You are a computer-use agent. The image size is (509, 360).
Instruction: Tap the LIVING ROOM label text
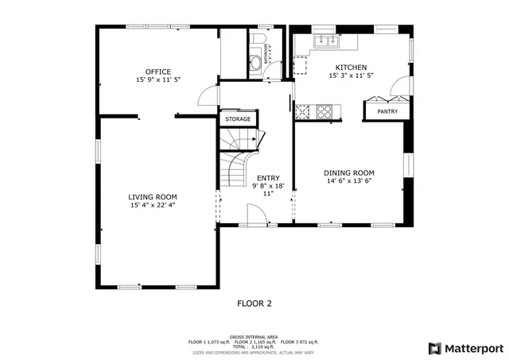click(153, 196)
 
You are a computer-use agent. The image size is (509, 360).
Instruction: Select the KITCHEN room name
click(351, 68)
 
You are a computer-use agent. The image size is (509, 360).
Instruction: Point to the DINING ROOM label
click(348, 172)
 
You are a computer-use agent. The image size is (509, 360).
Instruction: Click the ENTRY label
click(268, 178)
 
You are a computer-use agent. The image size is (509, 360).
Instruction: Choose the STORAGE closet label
click(237, 119)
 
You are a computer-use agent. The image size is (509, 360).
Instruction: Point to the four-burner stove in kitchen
click(325, 111)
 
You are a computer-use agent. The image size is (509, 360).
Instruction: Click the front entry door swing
click(255, 215)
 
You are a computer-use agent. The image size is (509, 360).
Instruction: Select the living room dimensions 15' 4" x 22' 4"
click(153, 205)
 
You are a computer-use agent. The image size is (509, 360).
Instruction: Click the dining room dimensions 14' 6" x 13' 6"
click(348, 181)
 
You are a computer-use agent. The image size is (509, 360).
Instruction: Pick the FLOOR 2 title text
click(254, 303)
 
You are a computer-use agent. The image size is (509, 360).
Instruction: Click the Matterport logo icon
click(434, 347)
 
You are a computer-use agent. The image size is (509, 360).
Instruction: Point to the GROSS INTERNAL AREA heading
click(254, 336)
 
